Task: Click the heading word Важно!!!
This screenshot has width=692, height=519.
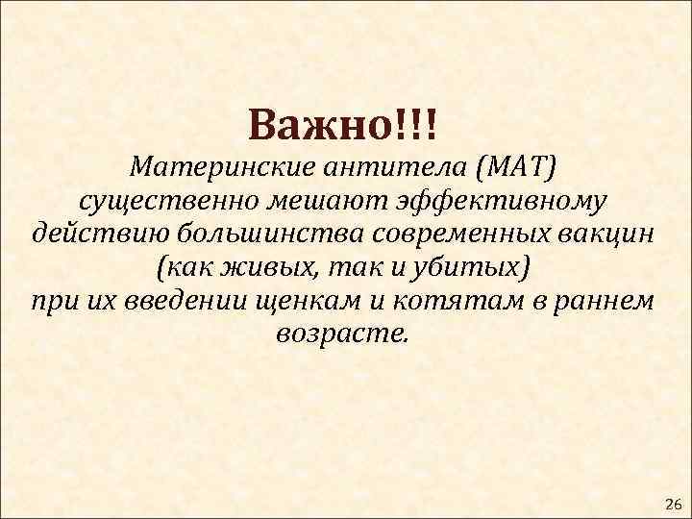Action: click(x=342, y=124)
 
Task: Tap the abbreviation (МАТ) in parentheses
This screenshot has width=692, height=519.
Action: click(x=512, y=169)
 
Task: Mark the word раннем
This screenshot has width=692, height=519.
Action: click(x=607, y=300)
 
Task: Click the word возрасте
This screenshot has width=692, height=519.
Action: click(x=342, y=333)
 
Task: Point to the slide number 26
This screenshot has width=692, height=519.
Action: click(x=672, y=504)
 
